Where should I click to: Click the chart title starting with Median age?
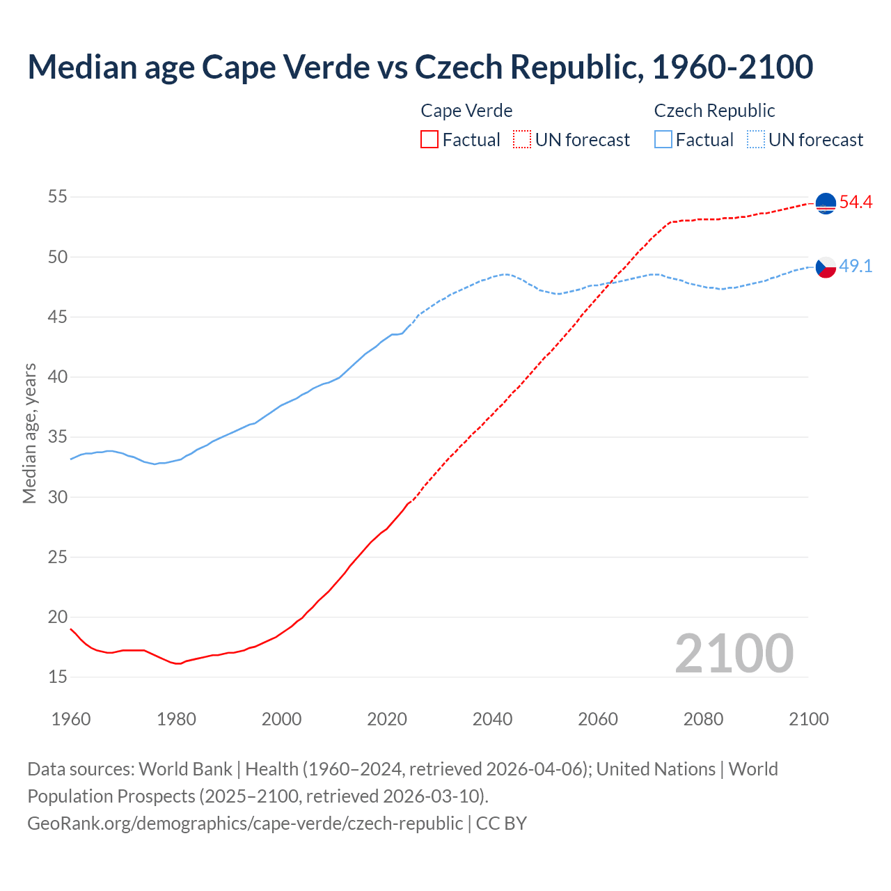420,67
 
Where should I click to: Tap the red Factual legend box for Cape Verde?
429,140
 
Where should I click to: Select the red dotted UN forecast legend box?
522,140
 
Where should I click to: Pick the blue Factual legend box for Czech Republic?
663,140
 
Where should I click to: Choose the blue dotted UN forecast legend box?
755,140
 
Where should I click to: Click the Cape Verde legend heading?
466,111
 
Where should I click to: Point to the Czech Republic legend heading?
714,111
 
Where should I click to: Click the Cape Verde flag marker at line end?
826,203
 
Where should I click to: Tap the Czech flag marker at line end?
826,267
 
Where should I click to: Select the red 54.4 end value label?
855,203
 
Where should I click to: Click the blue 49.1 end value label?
855,266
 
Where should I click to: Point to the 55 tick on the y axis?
58,197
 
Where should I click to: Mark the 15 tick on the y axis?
58,677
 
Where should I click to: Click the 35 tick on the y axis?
58,437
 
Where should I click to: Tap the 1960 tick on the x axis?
71,719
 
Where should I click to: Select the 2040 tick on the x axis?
492,719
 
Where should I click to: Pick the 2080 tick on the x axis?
703,719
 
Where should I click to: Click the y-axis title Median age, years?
29,433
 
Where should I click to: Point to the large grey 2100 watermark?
734,653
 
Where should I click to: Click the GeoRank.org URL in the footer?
245,823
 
